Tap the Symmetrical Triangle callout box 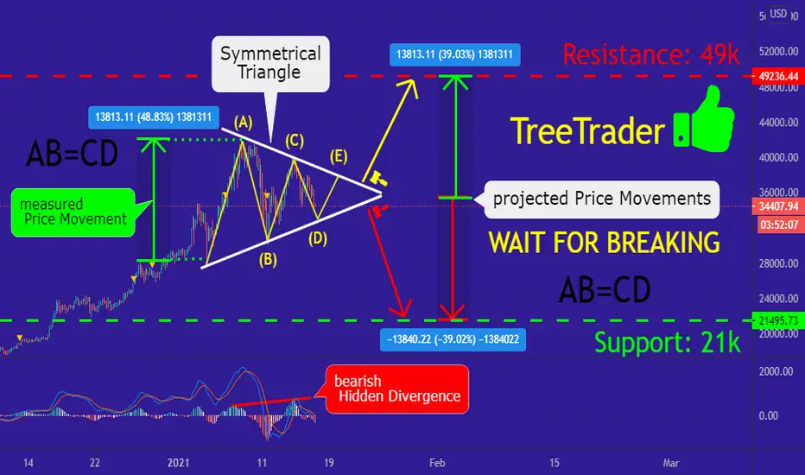(x=270, y=64)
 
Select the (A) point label (x=244, y=123)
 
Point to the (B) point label (x=268, y=259)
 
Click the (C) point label (x=295, y=140)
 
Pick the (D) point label (x=318, y=237)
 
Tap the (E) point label (x=339, y=156)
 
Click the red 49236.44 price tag (x=778, y=76)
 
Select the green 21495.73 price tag (x=778, y=320)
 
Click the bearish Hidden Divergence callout (x=397, y=389)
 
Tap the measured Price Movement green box (x=73, y=212)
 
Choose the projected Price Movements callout (x=602, y=199)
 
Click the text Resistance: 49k (x=651, y=54)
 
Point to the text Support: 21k (x=668, y=342)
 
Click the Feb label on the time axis (x=437, y=463)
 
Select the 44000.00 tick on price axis (x=778, y=123)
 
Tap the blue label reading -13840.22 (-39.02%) (x=453, y=339)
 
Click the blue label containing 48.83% (x=154, y=117)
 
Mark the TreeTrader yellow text (x=588, y=131)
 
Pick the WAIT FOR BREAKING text (x=604, y=243)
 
